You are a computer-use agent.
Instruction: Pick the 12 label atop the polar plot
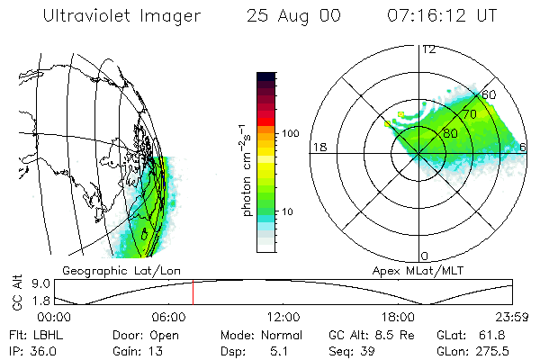pyautogui.click(x=428, y=49)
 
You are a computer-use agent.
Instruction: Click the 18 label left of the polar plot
pyautogui.click(x=318, y=147)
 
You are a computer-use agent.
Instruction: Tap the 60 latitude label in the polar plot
pyautogui.click(x=489, y=94)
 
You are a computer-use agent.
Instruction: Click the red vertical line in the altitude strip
pyautogui.click(x=193, y=293)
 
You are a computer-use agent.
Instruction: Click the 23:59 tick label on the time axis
pyautogui.click(x=512, y=317)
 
